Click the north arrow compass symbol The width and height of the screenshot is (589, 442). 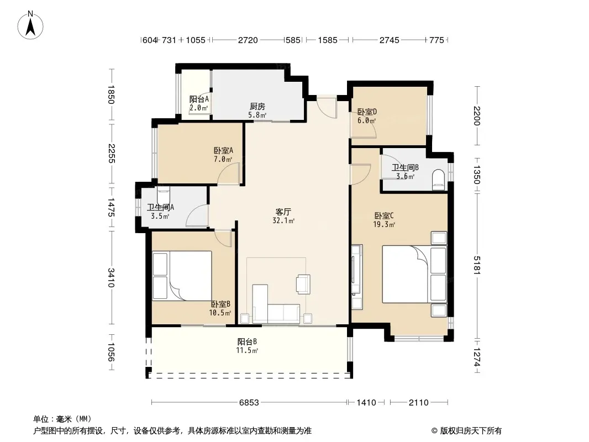[30, 25]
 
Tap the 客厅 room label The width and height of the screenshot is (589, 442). [283, 212]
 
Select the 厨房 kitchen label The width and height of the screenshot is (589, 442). [257, 107]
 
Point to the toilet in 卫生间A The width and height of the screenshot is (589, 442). [163, 194]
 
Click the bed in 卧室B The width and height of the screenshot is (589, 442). [182, 276]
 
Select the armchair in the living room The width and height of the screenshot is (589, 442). [303, 284]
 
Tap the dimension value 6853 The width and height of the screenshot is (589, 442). [249, 403]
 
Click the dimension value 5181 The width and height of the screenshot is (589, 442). [477, 265]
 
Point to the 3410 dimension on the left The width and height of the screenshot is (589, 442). [111, 277]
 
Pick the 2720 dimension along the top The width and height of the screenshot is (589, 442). [248, 40]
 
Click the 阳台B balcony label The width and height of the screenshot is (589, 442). [247, 342]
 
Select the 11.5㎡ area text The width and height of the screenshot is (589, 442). [247, 351]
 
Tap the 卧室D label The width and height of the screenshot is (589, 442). [367, 112]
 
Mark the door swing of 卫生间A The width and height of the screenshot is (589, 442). [197, 215]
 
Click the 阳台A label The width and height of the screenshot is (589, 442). [199, 99]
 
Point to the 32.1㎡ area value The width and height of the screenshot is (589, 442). [283, 221]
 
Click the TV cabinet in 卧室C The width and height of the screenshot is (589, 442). [357, 277]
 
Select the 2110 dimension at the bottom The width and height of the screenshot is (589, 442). [418, 403]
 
